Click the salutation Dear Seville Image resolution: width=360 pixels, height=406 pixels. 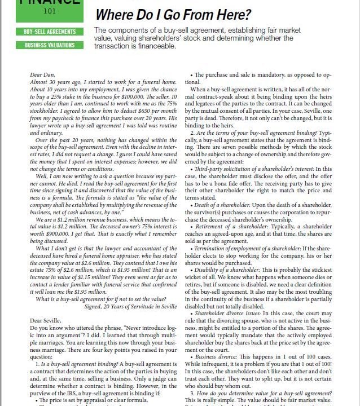tap(45, 321)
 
